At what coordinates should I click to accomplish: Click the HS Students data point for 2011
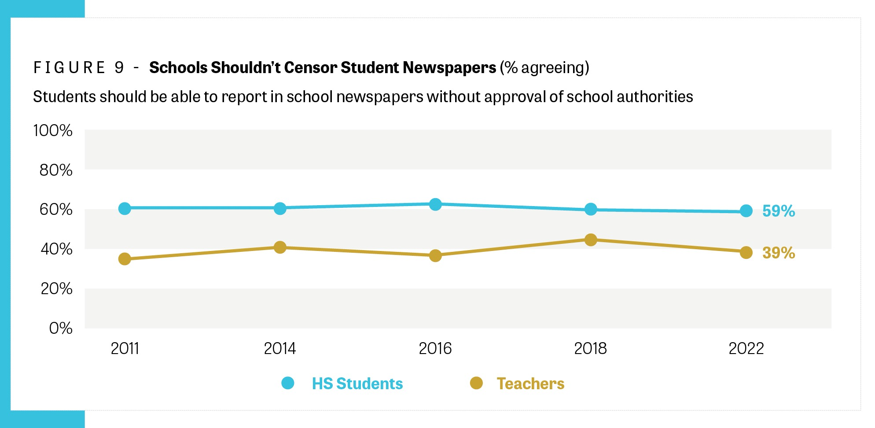coord(125,208)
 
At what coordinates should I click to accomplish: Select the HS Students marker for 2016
coord(435,204)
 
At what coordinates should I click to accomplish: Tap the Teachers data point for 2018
coord(591,240)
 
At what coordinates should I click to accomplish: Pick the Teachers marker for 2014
coord(280,247)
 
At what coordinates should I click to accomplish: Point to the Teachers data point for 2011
coord(125,259)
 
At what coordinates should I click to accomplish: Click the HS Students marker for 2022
coord(746,211)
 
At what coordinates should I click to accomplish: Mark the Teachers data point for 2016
coord(435,255)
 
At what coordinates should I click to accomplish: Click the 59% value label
coord(778,211)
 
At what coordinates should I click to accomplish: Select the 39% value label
coord(778,253)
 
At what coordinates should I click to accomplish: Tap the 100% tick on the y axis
coord(53,131)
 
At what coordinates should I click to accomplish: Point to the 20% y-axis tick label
coord(56,289)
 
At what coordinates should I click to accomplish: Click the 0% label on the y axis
coord(61,328)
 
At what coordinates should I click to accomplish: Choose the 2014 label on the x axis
coord(280,349)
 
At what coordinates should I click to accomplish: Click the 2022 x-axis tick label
coord(746,349)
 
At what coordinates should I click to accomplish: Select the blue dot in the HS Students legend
coord(288,383)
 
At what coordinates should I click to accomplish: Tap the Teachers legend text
coord(530,384)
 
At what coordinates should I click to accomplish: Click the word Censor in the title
coord(311,67)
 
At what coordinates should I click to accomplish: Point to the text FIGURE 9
coord(79,68)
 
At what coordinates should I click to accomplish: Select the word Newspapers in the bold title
coord(449,67)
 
